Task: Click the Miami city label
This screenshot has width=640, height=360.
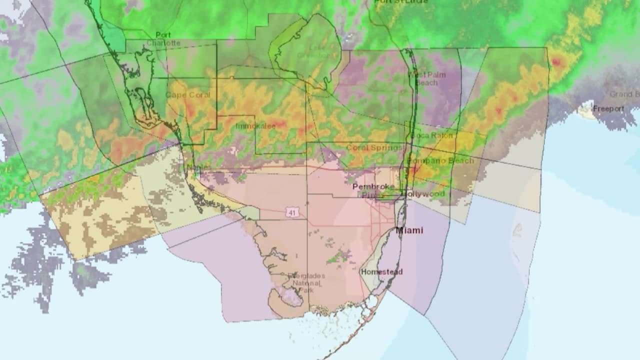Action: point(409,230)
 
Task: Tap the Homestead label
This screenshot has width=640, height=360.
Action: point(381,272)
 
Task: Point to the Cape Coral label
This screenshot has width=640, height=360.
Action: point(188,95)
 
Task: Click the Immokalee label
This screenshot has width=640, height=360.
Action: point(255,126)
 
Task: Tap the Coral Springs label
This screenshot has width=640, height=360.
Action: point(374,147)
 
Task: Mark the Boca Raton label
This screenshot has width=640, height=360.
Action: point(431,135)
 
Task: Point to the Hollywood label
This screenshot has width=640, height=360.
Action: point(425,193)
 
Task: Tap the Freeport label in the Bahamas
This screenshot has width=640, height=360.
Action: point(608,108)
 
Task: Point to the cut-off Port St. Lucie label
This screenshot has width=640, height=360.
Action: point(401,2)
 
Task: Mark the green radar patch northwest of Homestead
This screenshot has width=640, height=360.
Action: point(339,256)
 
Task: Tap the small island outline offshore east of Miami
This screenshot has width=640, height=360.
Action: point(517,230)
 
